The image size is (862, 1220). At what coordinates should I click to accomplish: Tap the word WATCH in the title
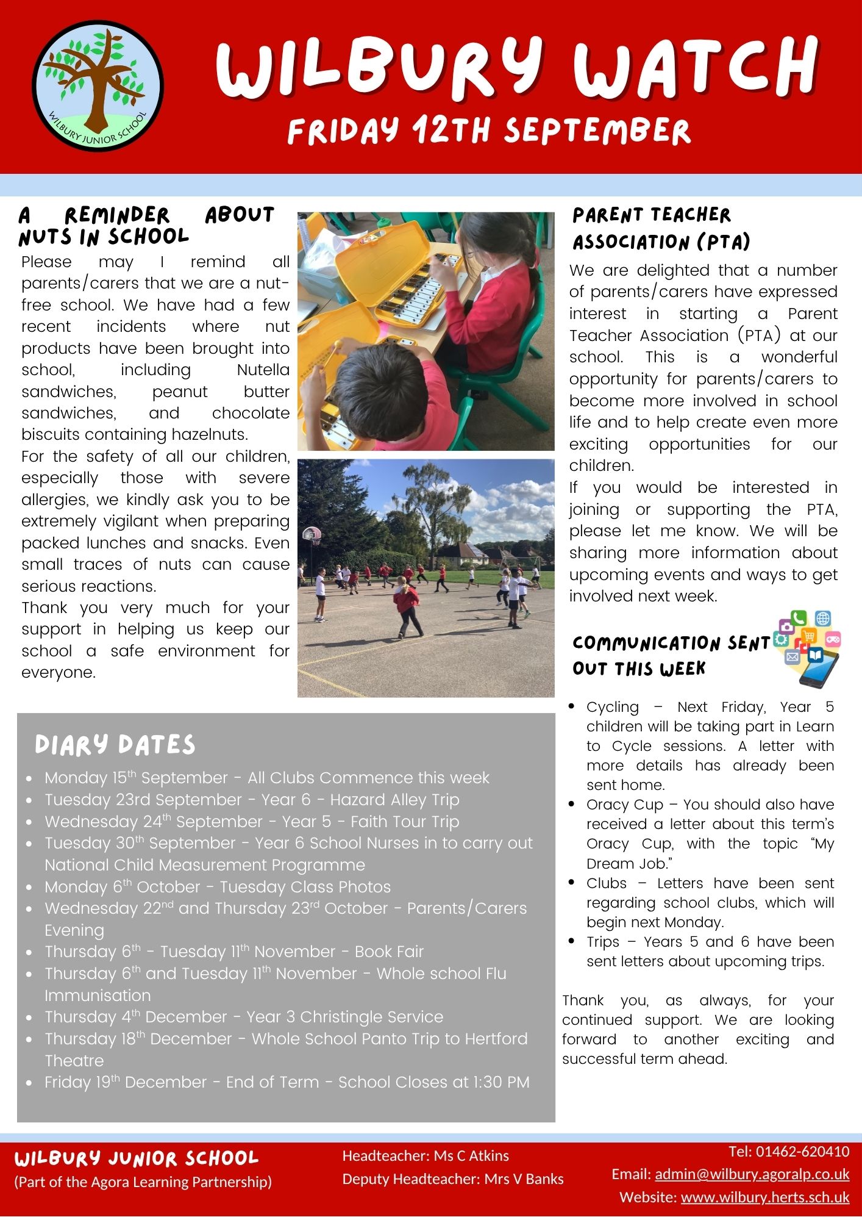click(694, 68)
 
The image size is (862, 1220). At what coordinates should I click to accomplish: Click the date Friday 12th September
click(489, 131)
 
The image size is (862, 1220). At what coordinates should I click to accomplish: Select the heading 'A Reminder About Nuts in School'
click(146, 226)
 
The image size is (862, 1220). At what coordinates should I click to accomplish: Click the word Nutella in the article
click(263, 370)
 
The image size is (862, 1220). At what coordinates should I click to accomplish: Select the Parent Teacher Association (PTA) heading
click(661, 228)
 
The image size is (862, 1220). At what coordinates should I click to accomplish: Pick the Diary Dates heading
click(115, 745)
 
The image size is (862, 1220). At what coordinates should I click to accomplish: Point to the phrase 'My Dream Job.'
click(710, 854)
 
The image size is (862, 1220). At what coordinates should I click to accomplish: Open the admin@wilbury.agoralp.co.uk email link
click(752, 1174)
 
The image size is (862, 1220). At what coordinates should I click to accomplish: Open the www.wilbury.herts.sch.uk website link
click(764, 1197)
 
